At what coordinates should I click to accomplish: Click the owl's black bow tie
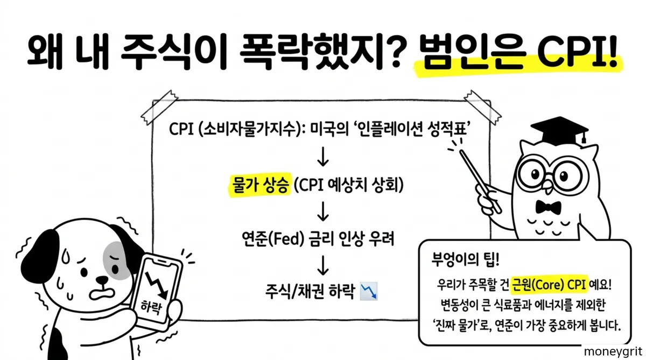(549, 207)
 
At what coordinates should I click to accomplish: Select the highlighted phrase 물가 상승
(256, 186)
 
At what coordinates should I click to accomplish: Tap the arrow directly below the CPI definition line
(323, 158)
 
